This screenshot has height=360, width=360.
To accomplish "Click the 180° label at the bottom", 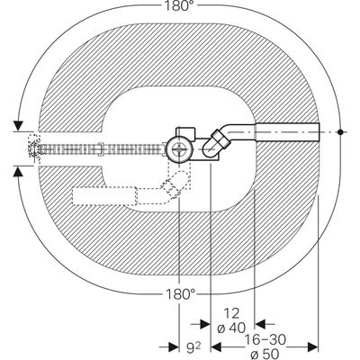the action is click(x=180, y=294).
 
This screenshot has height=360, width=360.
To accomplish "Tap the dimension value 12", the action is click(x=231, y=313).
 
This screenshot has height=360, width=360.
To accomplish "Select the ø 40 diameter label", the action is click(x=231, y=328).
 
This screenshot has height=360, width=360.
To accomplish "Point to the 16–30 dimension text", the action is click(x=265, y=340).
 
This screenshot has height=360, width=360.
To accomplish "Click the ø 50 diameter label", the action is click(x=265, y=353).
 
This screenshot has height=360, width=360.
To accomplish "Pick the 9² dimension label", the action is click(x=193, y=348).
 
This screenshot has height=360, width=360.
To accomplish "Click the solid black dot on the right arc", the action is click(x=340, y=132).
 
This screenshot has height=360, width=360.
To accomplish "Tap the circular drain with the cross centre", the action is click(x=179, y=148).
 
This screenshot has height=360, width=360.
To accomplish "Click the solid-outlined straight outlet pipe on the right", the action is click(x=287, y=132).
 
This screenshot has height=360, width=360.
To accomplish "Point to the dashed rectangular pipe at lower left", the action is click(x=105, y=195).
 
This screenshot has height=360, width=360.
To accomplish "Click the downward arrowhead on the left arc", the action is click(x=19, y=126).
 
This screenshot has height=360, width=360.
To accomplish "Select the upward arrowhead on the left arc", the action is click(x=19, y=172).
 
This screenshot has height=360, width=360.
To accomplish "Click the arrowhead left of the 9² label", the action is click(x=174, y=347).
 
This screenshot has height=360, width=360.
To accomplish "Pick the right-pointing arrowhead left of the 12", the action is click(x=205, y=324).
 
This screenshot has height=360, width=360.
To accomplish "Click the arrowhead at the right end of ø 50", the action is click(x=313, y=347).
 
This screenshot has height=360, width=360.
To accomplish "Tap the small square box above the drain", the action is click(x=185, y=133).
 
